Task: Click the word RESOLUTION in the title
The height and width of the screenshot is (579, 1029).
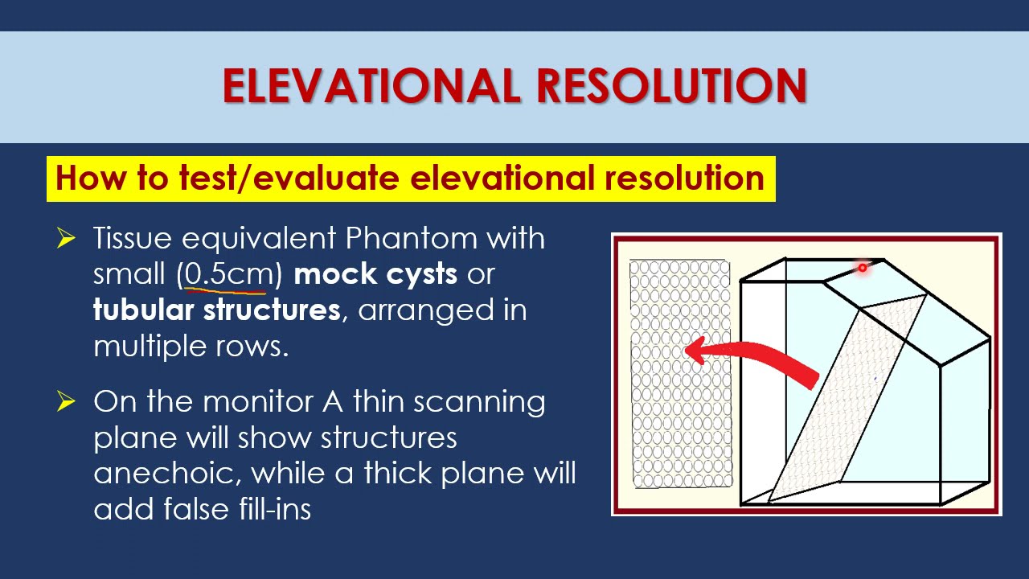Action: pyautogui.click(x=671, y=86)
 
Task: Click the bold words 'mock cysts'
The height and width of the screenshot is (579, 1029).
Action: pyautogui.click(x=375, y=274)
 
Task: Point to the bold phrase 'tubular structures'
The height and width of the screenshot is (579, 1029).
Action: pyautogui.click(x=216, y=310)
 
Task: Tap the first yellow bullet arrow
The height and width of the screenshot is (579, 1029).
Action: pyautogui.click(x=66, y=238)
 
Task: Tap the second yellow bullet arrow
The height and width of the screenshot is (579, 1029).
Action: pyautogui.click(x=66, y=400)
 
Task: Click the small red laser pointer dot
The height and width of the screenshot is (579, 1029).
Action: pyautogui.click(x=862, y=268)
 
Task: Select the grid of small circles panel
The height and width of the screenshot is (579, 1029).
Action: pyautogui.click(x=680, y=373)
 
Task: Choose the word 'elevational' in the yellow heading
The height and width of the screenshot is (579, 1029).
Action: pyautogui.click(x=502, y=178)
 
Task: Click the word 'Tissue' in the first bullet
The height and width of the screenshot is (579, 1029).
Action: pyautogui.click(x=133, y=239)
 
